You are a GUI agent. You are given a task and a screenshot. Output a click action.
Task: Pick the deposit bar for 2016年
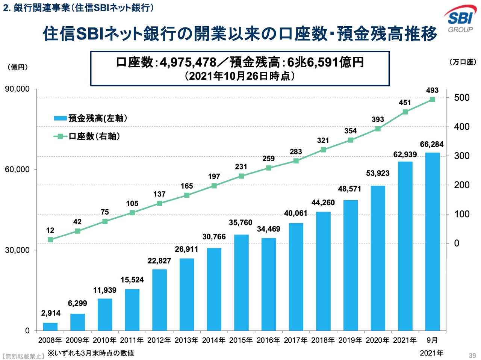(x=269, y=284)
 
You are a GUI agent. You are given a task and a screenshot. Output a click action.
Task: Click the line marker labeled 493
(x=432, y=100)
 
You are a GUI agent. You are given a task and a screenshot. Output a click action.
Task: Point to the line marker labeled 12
(x=50, y=240)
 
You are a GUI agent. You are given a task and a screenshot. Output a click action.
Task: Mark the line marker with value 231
(x=241, y=176)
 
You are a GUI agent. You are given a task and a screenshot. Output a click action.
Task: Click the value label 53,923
(x=378, y=173)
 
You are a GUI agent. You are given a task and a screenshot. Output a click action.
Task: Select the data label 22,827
(x=159, y=261)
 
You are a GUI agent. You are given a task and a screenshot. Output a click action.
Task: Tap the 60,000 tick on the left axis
(x=17, y=169)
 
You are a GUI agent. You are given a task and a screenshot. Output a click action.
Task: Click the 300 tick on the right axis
(x=461, y=156)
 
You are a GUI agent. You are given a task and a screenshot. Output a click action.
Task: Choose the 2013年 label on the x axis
(x=186, y=340)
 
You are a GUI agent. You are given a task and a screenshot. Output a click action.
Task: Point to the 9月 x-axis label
(x=432, y=340)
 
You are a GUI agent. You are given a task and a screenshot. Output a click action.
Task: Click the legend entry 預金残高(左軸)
(x=97, y=118)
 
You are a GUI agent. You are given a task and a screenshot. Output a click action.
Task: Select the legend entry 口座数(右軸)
(x=94, y=136)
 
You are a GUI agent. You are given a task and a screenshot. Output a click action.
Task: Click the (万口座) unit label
(x=463, y=62)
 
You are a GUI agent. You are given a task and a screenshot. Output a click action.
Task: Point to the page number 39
(x=472, y=355)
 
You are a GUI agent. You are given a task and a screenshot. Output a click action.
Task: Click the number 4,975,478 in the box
(x=188, y=62)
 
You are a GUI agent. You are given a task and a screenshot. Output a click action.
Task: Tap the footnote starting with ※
(x=91, y=353)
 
